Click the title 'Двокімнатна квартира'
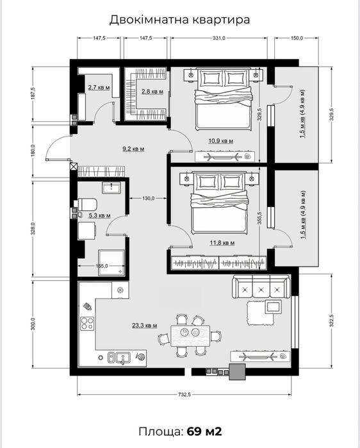click(179, 20)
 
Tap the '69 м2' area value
click(204, 431)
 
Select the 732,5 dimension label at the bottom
click(184, 395)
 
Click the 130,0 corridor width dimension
click(148, 198)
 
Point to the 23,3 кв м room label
click(145, 325)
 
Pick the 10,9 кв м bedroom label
click(221, 141)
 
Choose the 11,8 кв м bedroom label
click(222, 243)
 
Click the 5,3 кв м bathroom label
click(99, 215)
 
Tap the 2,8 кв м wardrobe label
click(152, 92)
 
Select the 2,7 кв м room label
click(99, 87)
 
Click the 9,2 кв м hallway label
click(133, 149)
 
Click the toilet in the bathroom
click(86, 204)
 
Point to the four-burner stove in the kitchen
click(87, 324)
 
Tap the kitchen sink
click(119, 358)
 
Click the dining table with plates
click(190, 335)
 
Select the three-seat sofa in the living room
click(261, 287)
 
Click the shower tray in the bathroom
click(111, 263)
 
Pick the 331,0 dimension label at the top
click(219, 38)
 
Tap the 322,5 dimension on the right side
click(331, 320)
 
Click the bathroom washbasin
click(111, 187)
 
